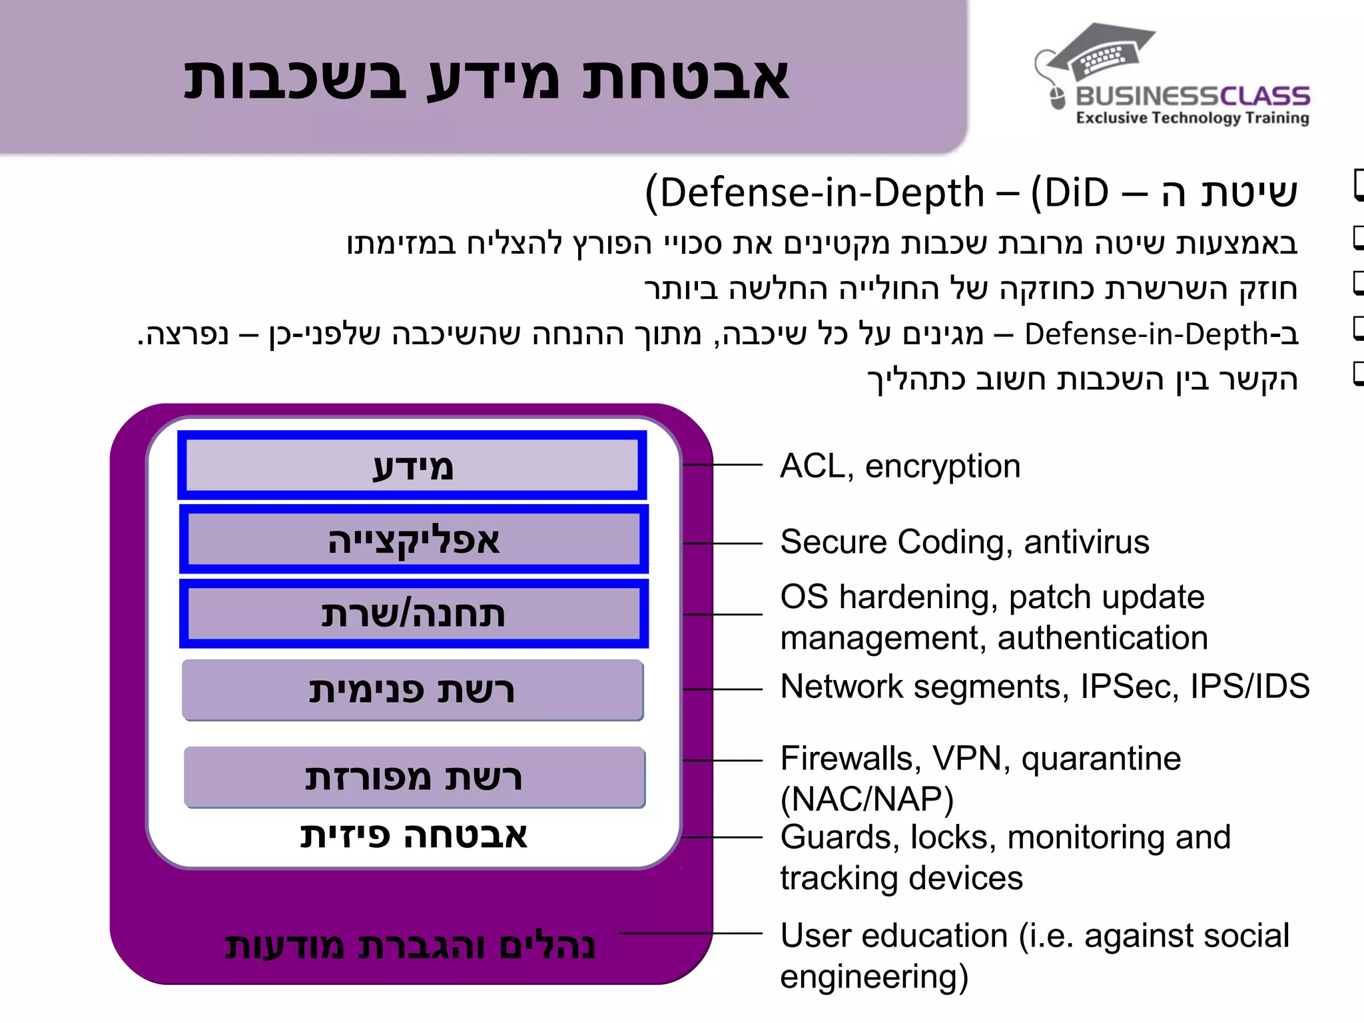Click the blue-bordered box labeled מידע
412,466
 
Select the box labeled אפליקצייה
413,539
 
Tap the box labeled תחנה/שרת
413,613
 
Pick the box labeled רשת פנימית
412,690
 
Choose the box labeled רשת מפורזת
414,777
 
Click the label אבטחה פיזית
413,835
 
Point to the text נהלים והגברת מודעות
410,946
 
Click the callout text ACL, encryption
900,466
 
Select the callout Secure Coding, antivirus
964,541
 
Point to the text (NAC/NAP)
866,799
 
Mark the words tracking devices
901,878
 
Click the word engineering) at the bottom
874,977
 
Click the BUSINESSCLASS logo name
1192,96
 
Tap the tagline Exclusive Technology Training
1192,118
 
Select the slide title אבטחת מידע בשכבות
486,79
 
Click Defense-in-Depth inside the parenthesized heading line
822,193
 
